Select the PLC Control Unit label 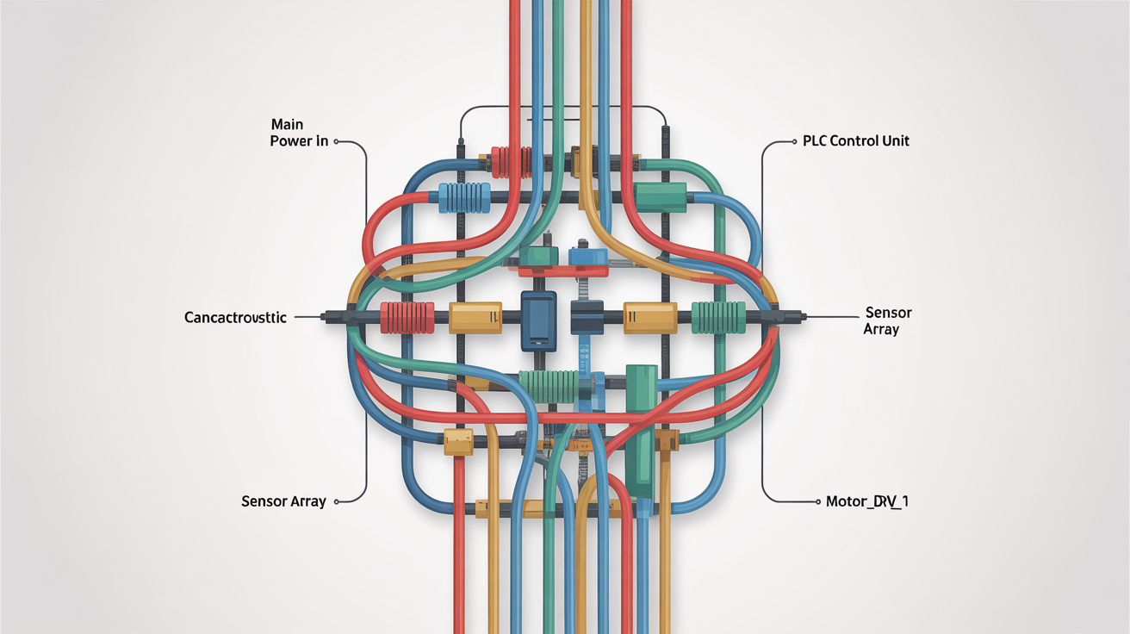(x=855, y=140)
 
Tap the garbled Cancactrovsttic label (x=235, y=318)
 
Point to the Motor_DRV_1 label (x=861, y=500)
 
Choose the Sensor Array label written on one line (x=283, y=500)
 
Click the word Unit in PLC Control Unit (x=893, y=140)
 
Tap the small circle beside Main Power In (x=336, y=141)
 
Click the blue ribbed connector (x=463, y=197)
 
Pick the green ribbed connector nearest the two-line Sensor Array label (x=717, y=317)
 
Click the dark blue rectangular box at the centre (x=539, y=320)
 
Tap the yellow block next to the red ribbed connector (x=475, y=317)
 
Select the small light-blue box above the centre (x=587, y=257)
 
